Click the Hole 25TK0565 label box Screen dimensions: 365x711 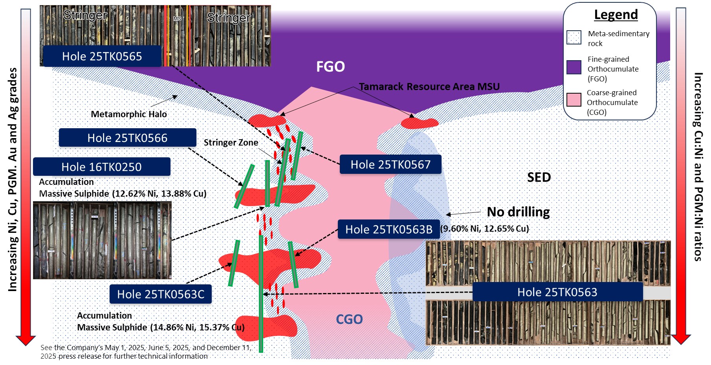[102, 56]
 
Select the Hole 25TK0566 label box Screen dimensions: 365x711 [127, 138]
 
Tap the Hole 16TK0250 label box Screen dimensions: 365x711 [101, 167]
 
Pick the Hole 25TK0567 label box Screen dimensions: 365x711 [390, 164]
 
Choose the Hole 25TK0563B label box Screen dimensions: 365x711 [389, 229]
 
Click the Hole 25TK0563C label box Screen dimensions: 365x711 [161, 294]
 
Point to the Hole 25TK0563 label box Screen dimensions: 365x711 [557, 292]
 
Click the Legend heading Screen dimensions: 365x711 [616, 15]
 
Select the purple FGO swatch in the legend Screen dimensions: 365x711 [574, 67]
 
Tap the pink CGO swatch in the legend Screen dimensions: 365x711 [574, 100]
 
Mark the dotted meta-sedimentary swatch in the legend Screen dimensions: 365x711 [574, 38]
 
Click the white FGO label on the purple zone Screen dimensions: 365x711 [330, 66]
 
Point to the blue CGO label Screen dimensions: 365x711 [349, 319]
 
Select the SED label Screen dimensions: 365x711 [539, 177]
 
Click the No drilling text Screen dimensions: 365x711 [518, 212]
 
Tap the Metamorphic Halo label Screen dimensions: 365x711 [129, 114]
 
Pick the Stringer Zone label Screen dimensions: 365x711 [231, 142]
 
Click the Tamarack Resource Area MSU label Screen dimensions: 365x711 [429, 87]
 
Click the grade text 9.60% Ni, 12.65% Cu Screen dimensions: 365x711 [485, 229]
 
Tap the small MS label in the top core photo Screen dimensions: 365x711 [177, 18]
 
